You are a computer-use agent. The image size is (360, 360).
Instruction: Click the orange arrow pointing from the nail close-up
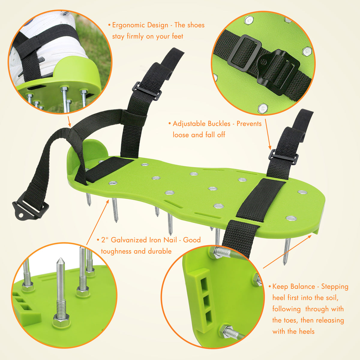(x=98, y=222)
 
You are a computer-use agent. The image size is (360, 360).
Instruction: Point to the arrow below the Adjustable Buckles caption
(x=268, y=134)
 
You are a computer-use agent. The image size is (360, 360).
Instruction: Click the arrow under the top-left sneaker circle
(x=69, y=121)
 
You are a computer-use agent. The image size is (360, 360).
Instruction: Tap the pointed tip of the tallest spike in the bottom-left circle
(x=61, y=259)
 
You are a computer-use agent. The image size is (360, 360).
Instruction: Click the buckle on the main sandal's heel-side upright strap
(x=147, y=91)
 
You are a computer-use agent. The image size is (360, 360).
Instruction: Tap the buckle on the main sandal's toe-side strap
(x=283, y=157)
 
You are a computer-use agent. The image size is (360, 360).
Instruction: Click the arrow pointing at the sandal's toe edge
(x=287, y=252)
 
